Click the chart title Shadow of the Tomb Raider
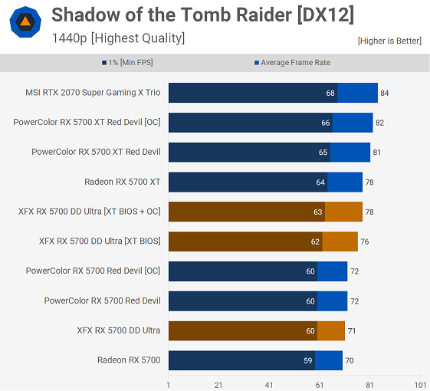tap(192, 15)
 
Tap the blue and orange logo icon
tap(25, 22)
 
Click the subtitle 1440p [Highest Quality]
tap(118, 38)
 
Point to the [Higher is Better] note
tap(389, 41)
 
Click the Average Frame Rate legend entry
tap(291, 63)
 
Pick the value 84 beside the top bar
tap(385, 93)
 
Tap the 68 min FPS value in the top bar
tap(330, 93)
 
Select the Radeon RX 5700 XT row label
tap(123, 182)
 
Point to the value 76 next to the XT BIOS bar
tap(365, 242)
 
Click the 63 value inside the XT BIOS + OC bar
tap(318, 212)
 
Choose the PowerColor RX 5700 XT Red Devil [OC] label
tap(87, 122)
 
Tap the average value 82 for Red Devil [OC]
tap(380, 123)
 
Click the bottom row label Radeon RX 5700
tap(129, 360)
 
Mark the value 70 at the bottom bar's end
tap(350, 360)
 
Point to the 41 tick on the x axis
tap(269, 385)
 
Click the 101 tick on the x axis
tap(420, 385)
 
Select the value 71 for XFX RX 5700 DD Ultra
tap(352, 331)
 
